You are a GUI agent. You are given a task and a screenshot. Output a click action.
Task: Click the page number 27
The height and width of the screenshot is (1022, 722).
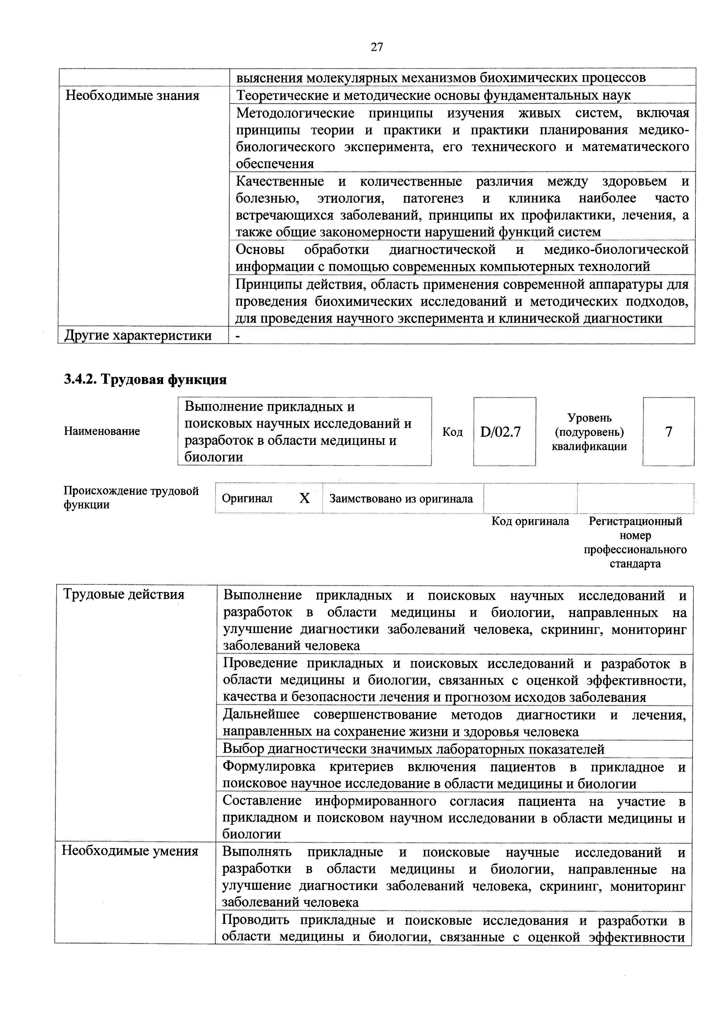pos(376,47)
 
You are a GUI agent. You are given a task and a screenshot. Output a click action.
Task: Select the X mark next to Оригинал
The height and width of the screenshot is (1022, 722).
pos(304,498)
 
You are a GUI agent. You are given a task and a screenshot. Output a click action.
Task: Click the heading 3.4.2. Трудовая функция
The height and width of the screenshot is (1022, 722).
pos(146,379)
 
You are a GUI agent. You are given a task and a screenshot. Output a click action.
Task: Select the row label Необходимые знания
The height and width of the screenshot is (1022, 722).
pos(132,95)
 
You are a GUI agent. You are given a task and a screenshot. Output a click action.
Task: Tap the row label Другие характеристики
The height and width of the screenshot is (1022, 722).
pos(138,335)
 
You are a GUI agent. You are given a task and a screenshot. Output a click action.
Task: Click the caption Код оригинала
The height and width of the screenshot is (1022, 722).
pos(530,521)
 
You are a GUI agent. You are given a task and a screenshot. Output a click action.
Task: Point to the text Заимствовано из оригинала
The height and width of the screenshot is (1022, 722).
pos(401,498)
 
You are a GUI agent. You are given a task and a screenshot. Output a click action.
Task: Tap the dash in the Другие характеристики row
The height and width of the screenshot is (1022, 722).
pos(238,336)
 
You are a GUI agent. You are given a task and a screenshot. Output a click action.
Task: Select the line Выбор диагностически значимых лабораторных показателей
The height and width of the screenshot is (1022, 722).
pos(413,749)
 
